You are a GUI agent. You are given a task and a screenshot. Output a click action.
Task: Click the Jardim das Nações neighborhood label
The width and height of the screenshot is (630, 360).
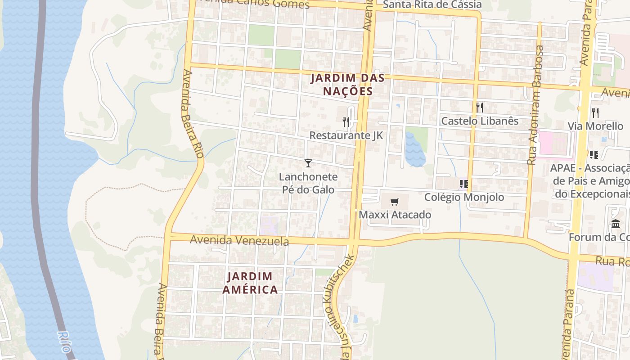coord(348,85)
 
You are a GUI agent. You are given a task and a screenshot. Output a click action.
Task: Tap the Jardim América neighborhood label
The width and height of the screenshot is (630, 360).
coord(250,283)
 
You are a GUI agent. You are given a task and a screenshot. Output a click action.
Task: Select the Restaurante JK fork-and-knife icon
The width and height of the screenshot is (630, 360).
coord(346,121)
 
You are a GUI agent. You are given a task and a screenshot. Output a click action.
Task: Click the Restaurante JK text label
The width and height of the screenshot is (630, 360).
coord(346,135)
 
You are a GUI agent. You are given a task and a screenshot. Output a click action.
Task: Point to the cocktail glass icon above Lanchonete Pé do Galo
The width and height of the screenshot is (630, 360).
coord(308,163)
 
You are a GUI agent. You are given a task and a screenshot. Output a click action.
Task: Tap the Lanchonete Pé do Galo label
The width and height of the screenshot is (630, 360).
coord(308,183)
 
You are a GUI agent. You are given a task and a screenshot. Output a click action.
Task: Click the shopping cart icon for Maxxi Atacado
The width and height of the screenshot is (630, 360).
coord(395,202)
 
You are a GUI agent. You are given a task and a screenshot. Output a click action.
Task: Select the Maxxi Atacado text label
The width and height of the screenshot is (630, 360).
coord(395,215)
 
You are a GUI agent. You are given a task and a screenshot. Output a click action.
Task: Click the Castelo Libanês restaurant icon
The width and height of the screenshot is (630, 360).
coord(480,107)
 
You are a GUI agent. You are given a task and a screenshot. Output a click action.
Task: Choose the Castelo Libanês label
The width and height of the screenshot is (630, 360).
coord(480,121)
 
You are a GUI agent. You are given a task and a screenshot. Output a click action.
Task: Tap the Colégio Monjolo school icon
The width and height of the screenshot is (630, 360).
coord(464,184)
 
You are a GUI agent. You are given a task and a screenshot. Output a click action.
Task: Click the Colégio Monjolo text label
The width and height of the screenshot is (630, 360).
coord(464,197)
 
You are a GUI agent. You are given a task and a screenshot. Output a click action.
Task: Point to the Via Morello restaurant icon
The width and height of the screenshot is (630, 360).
coord(595,112)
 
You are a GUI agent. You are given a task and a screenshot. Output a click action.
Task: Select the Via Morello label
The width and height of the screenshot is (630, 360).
coord(595,126)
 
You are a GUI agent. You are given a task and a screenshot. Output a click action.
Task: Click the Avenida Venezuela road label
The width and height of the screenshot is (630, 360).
coord(239,240)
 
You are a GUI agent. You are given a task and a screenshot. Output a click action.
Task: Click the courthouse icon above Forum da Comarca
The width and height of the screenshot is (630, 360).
coord(616,224)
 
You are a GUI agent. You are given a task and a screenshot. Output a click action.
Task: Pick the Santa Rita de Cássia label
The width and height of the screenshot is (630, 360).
coord(432,4)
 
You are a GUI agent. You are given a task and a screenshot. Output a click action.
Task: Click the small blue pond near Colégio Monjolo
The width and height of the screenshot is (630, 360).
coord(415,151)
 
